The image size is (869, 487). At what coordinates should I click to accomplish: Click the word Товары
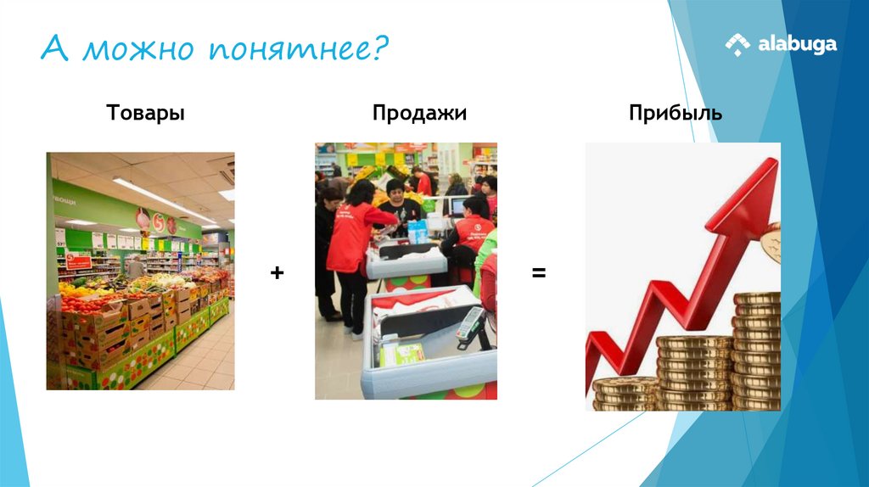tap(145, 113)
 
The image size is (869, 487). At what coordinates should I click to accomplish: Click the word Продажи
tap(419, 113)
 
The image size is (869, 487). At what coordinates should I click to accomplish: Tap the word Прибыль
tap(676, 113)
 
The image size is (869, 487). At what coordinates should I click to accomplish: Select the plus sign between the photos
tap(277, 273)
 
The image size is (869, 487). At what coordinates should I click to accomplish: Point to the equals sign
tap(539, 273)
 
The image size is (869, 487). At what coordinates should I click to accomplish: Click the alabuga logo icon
tap(737, 44)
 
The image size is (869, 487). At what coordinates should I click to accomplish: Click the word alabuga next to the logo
tap(798, 44)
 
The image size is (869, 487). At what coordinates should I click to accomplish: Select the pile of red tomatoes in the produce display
tap(85, 301)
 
